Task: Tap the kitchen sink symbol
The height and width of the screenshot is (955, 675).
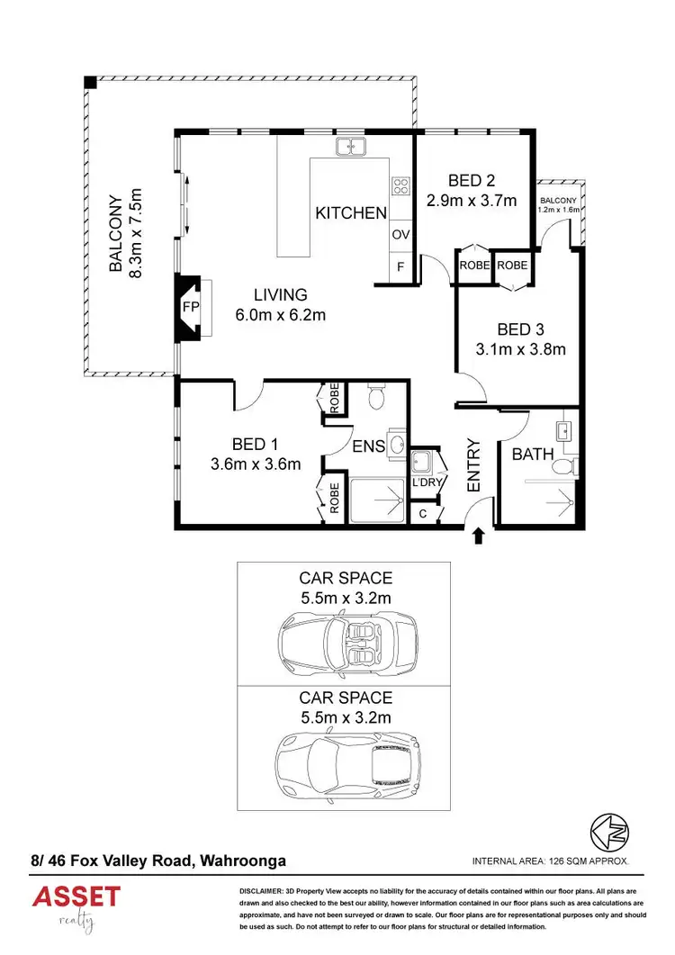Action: pos(350,147)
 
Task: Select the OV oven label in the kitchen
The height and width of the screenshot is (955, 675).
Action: pos(400,235)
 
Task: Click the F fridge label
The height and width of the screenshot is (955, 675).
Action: pos(400,267)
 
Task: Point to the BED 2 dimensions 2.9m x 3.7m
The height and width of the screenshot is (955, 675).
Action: pos(472,200)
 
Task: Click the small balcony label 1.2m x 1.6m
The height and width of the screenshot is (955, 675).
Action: pos(559,204)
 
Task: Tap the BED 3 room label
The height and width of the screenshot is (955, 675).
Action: pos(521,329)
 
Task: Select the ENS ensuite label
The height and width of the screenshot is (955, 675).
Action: pos(369,446)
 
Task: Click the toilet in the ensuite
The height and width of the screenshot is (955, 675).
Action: pos(377,396)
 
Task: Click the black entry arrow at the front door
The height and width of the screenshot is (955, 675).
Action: pos(478,537)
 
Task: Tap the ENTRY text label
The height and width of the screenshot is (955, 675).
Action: pos(474,466)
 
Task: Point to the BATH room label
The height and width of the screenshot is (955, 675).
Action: pos(533,455)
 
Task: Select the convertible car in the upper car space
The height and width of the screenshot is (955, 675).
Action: pos(347,642)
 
